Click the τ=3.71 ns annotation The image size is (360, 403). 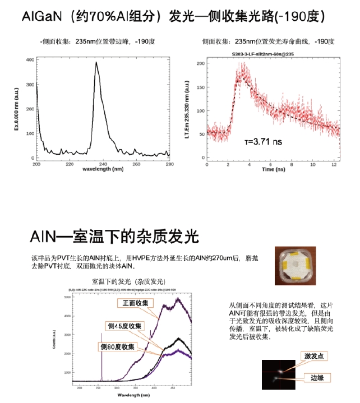click(x=264, y=142)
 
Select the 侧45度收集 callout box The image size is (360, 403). click(x=123, y=326)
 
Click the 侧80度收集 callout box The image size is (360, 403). click(x=118, y=347)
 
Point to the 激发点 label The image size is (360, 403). click(x=313, y=356)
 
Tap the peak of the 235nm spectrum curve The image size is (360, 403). click(x=96, y=62)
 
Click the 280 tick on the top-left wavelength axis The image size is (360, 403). click(x=168, y=164)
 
